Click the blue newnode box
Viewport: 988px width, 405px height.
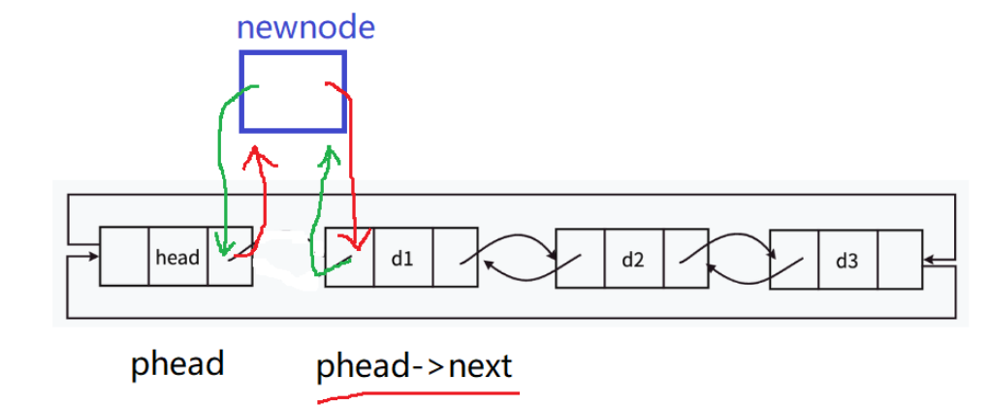pyautogui.click(x=293, y=91)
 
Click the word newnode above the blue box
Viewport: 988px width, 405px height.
pyautogui.click(x=305, y=27)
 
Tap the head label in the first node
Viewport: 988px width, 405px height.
pyautogui.click(x=177, y=258)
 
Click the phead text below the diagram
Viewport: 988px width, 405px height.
pyautogui.click(x=177, y=365)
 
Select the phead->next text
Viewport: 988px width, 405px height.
pyautogui.click(x=414, y=368)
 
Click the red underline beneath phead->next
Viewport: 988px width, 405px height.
pyautogui.click(x=417, y=393)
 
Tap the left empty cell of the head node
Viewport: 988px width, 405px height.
pyautogui.click(x=125, y=257)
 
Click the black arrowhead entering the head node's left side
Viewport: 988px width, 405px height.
pyautogui.click(x=94, y=258)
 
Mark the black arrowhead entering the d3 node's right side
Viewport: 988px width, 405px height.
pyautogui.click(x=930, y=259)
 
